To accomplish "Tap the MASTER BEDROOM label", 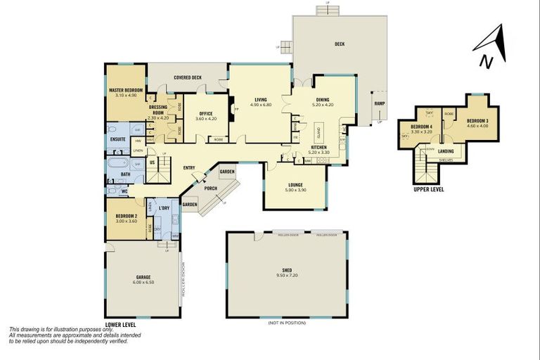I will pyautogui.click(x=126, y=91).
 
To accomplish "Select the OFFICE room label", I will pyautogui.click(x=205, y=113).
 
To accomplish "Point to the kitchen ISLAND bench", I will pyautogui.click(x=318, y=131).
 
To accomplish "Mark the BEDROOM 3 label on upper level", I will pyautogui.click(x=477, y=121).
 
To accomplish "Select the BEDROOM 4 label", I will pyautogui.click(x=420, y=127).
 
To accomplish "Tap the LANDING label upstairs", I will pyautogui.click(x=445, y=150).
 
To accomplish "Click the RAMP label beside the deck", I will pyautogui.click(x=379, y=103).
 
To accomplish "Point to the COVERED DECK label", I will pyautogui.click(x=188, y=77).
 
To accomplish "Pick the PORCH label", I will pyautogui.click(x=210, y=188).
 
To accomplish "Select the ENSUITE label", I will pyautogui.click(x=117, y=139).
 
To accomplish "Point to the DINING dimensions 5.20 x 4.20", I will pyautogui.click(x=323, y=105).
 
